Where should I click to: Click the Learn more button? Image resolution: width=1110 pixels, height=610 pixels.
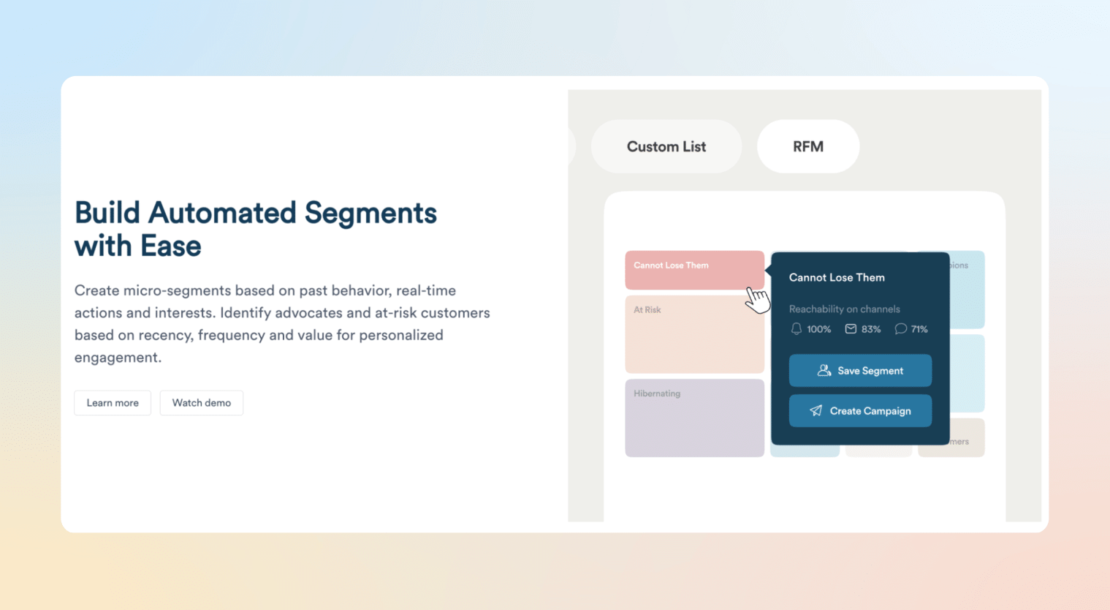[x=113, y=403]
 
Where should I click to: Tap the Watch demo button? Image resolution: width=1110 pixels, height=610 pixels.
[x=202, y=403]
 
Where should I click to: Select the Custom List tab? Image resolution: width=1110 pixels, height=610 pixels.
[x=666, y=147]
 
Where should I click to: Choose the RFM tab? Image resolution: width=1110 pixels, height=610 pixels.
[x=808, y=147]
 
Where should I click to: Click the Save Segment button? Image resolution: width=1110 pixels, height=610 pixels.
[x=860, y=371]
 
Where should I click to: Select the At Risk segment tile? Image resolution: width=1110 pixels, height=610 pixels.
[x=694, y=334]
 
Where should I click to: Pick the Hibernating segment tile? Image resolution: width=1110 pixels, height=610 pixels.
[x=694, y=418]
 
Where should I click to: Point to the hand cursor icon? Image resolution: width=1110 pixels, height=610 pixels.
[x=757, y=299]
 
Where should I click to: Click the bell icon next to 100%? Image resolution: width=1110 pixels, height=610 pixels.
[x=797, y=329]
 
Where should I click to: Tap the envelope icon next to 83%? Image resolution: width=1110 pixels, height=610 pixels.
[x=851, y=329]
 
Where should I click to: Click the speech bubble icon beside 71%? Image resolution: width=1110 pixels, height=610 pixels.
[x=900, y=329]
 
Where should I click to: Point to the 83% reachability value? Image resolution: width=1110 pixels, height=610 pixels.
[x=871, y=330]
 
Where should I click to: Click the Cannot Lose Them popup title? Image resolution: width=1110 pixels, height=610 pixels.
[x=837, y=278]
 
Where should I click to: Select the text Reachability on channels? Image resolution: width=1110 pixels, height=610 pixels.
[x=844, y=309]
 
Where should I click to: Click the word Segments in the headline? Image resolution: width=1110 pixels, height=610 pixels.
[x=370, y=214]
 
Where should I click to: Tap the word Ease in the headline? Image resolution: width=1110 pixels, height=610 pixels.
[x=170, y=246]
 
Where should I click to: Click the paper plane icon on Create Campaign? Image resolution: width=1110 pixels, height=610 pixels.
[x=816, y=411]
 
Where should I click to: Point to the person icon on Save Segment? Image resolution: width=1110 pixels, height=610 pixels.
[x=824, y=371]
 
